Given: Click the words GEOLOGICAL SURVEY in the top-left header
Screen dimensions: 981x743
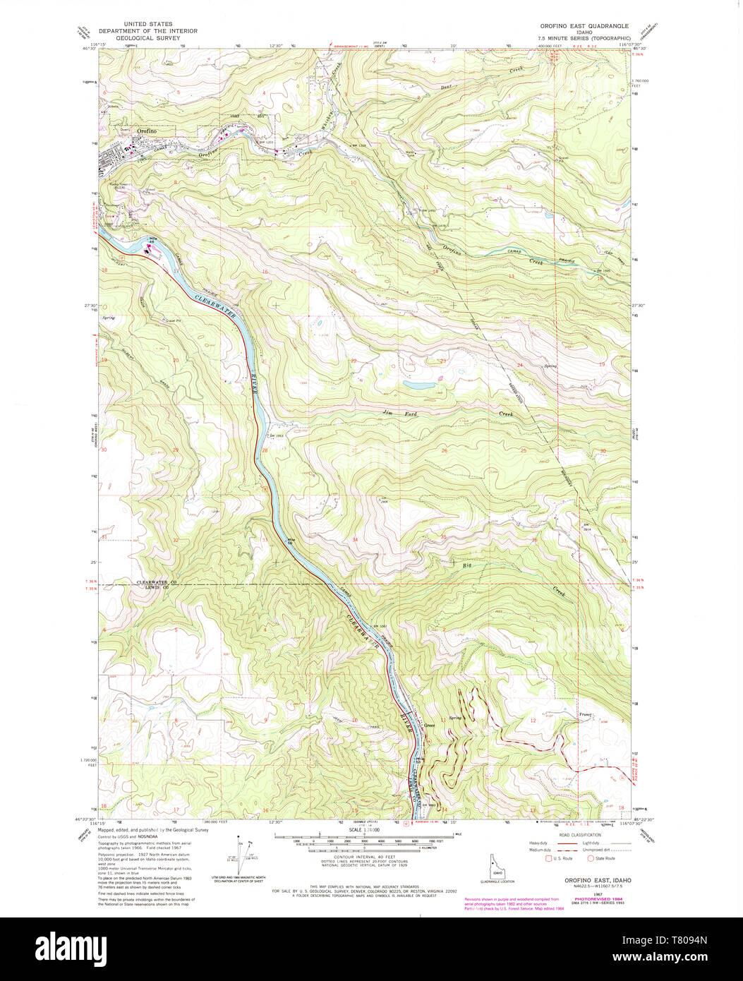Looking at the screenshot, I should pyautogui.click(x=147, y=38).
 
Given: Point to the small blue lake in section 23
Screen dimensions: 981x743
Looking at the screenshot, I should pyautogui.click(x=419, y=386).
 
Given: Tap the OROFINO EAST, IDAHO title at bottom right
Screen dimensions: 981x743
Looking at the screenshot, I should pyautogui.click(x=598, y=881).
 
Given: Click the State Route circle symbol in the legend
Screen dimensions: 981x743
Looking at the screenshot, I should pyautogui.click(x=591, y=858).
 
